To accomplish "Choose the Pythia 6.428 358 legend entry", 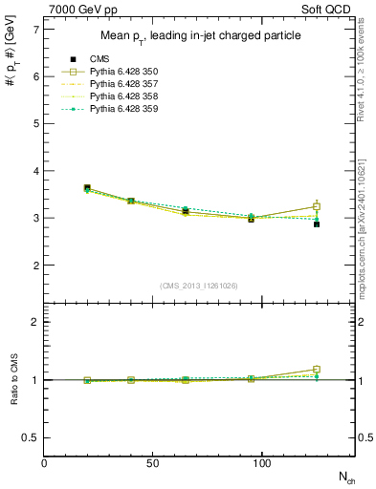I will (x=122, y=97).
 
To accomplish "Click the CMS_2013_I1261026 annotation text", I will (x=199, y=285).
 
